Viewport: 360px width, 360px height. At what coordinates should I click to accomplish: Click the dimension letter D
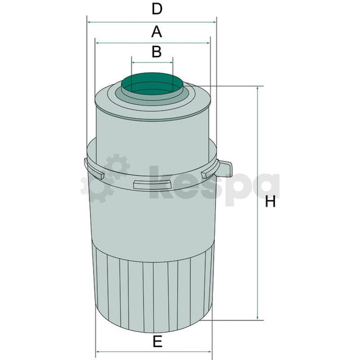pos(156,9)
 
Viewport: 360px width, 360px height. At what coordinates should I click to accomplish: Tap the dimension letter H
pos(270,202)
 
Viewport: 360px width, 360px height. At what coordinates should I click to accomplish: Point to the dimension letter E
pos(157,341)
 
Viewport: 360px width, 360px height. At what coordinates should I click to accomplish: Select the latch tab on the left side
pos(92,168)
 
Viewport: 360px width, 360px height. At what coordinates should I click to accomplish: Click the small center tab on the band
pos(142,184)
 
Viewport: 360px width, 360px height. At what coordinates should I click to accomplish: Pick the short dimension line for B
pos(153,61)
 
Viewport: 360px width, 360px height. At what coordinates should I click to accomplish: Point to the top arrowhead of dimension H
pos(257,89)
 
